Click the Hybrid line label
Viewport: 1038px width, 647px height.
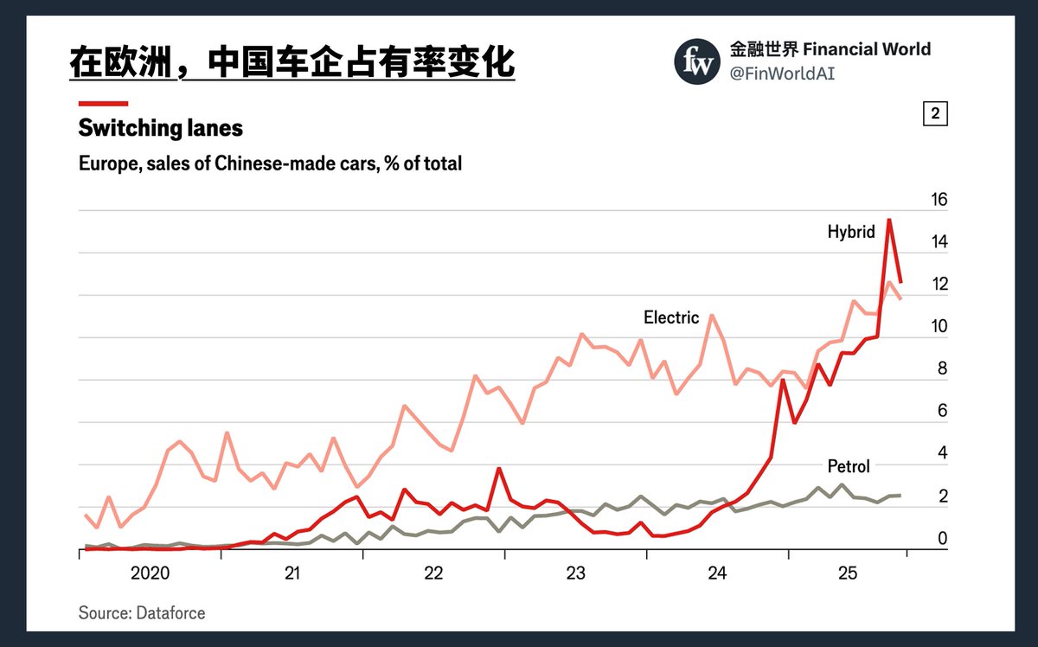tap(851, 232)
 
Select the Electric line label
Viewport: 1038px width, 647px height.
tap(670, 317)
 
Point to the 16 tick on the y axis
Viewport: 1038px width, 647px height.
tap(939, 200)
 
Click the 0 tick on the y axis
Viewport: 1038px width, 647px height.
tap(943, 539)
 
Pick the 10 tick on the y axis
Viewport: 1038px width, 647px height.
tap(939, 327)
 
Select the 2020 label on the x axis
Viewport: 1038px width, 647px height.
tap(150, 573)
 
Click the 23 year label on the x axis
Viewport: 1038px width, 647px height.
tap(575, 573)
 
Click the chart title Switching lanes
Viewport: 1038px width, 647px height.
tap(160, 129)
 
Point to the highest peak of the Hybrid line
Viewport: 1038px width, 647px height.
tap(889, 220)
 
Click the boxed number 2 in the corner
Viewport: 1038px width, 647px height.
tap(935, 113)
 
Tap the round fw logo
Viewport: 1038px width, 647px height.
tap(697, 61)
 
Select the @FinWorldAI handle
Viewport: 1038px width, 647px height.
tap(783, 74)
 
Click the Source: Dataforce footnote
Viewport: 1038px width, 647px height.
tap(142, 613)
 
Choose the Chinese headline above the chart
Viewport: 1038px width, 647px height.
tap(292, 62)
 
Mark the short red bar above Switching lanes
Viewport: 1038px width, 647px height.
tap(103, 103)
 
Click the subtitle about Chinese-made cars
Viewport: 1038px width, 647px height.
tap(270, 163)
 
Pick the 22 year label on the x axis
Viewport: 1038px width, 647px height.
tap(433, 573)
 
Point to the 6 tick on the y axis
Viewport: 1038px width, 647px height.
tap(943, 412)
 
